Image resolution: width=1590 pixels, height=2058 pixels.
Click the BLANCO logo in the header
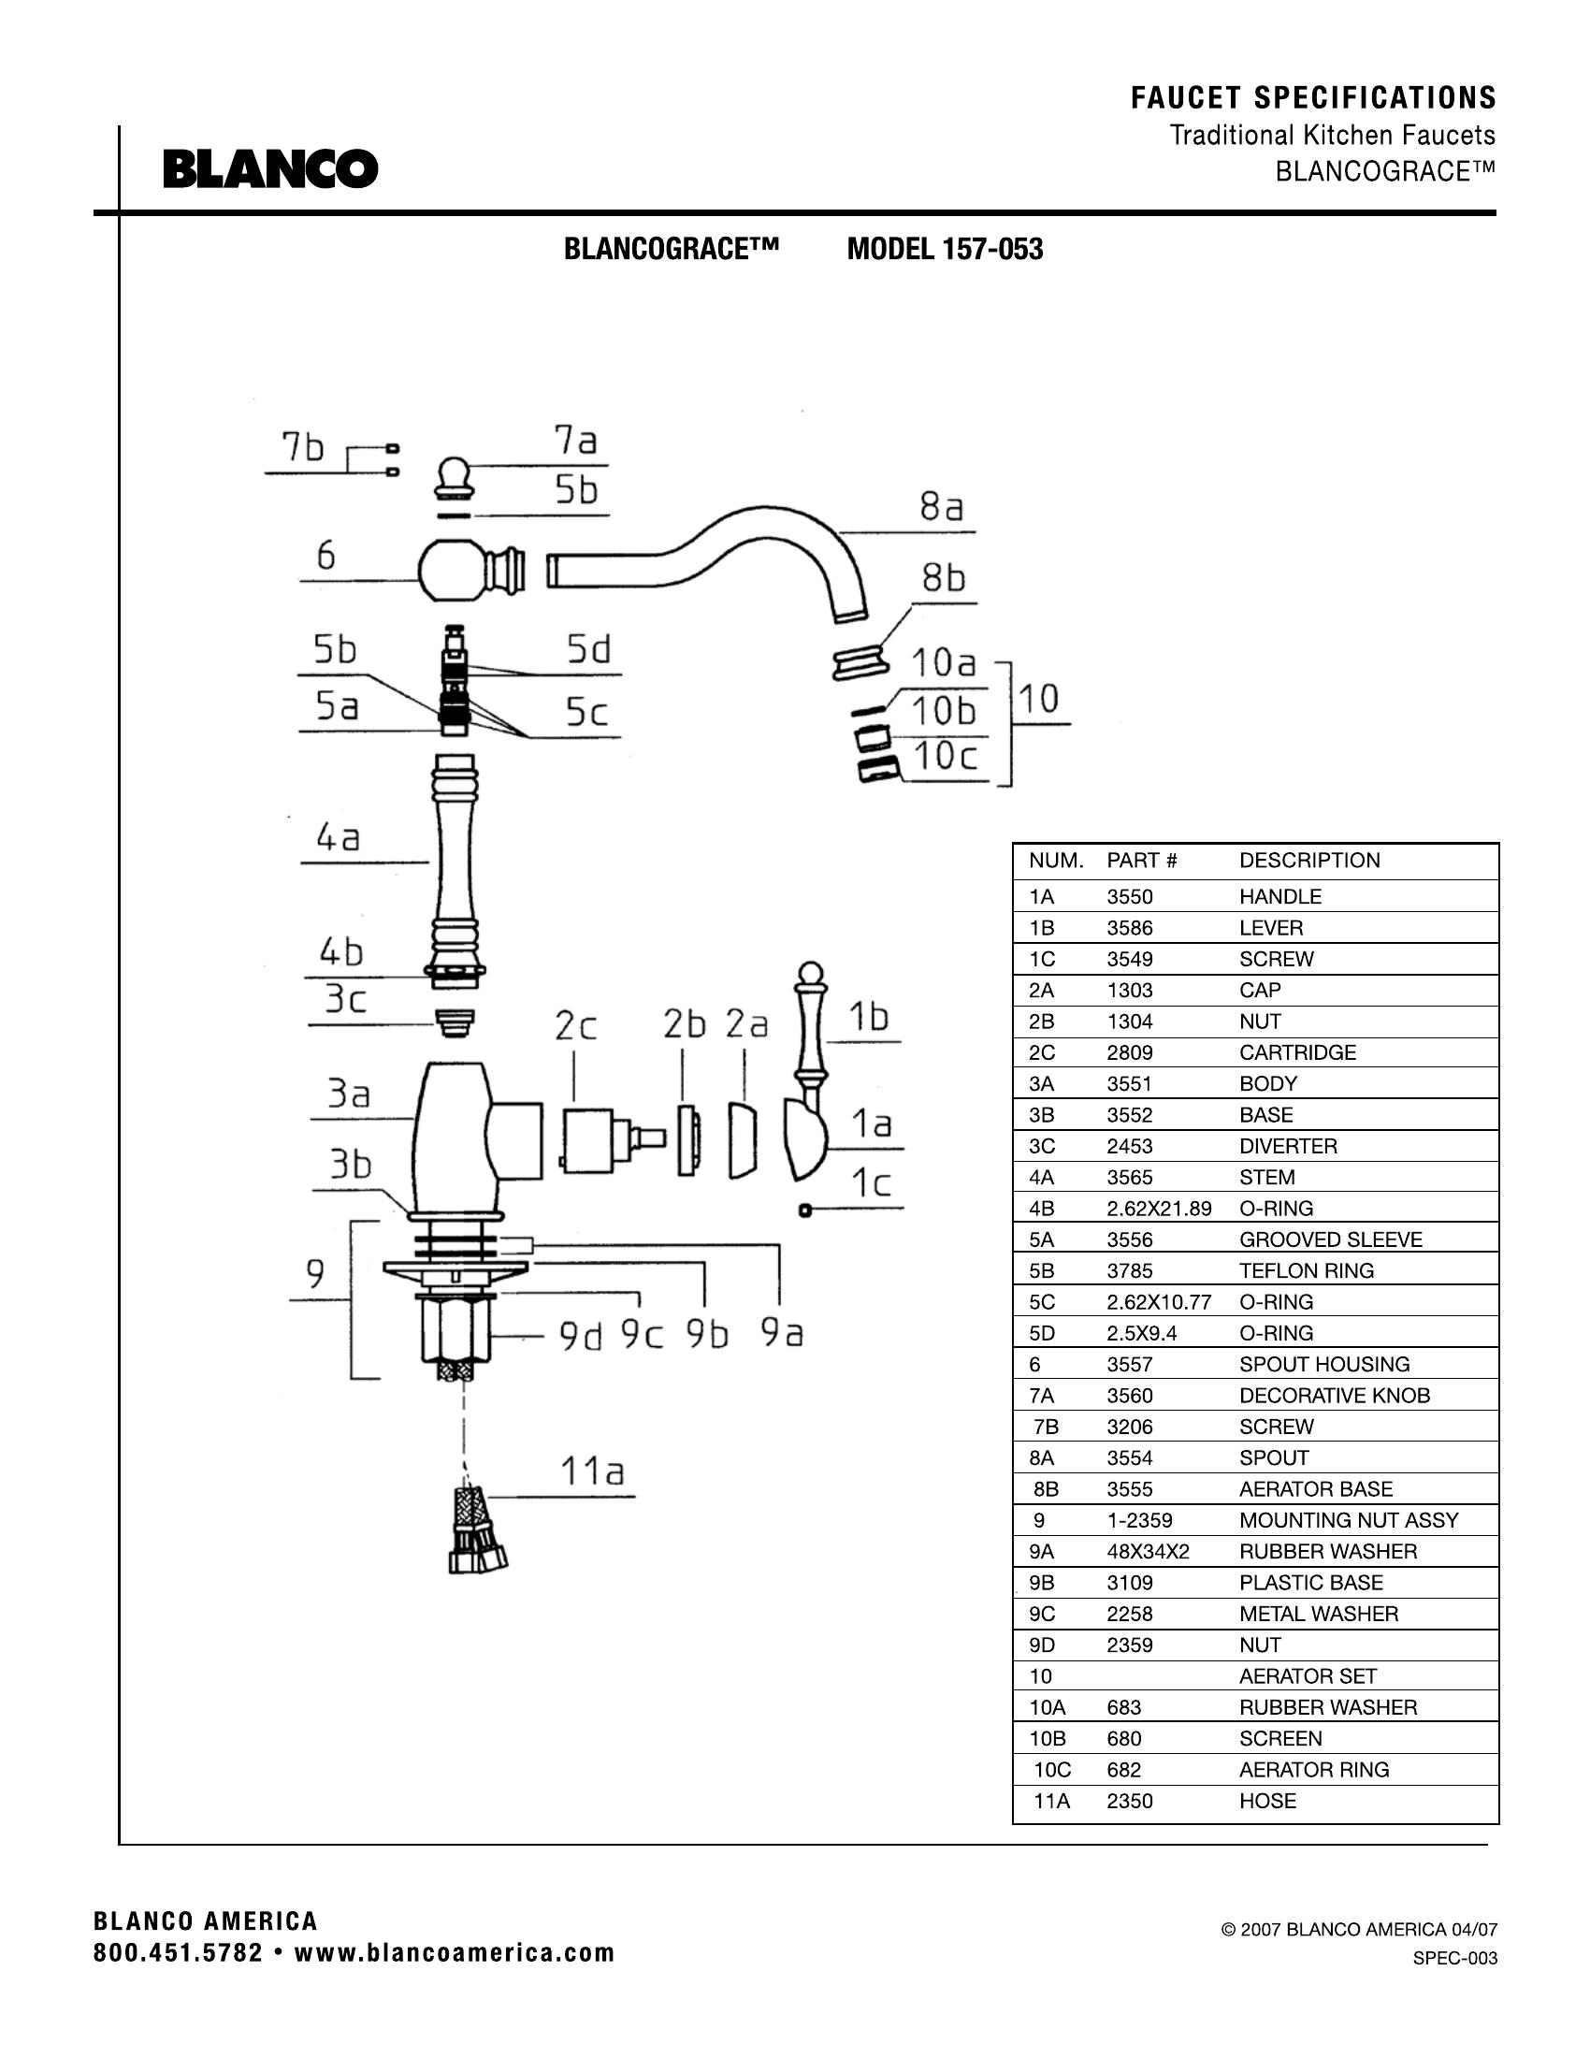click(270, 169)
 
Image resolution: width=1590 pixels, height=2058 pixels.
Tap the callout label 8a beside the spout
click(941, 508)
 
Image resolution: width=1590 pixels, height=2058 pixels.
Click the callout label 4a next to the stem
click(338, 838)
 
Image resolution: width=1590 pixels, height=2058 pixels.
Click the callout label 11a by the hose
click(591, 1471)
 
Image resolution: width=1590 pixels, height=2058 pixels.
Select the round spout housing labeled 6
click(447, 569)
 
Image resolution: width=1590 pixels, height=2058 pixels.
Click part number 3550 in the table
click(1130, 896)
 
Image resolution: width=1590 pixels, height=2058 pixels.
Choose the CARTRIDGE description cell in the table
click(1297, 1052)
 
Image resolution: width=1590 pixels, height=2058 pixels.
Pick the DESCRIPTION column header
click(1309, 861)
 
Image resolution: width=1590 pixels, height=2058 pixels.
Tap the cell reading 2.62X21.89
click(1159, 1209)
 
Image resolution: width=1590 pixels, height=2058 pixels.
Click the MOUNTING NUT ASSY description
click(1348, 1521)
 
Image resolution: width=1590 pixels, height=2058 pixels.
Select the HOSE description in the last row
click(1267, 1802)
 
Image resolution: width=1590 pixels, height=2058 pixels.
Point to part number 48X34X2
click(1149, 1552)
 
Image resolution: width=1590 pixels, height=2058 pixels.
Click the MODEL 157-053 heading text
click(945, 250)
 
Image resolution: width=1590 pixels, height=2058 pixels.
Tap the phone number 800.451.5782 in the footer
click(178, 1953)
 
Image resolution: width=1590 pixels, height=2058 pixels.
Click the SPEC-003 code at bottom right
click(1454, 1958)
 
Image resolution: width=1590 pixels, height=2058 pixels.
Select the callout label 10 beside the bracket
click(1039, 699)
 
